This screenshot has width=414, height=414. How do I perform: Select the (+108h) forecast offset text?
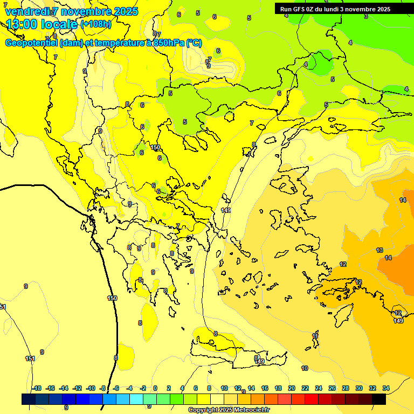point(96,24)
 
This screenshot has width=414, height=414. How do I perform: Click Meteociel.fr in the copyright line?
point(250,410)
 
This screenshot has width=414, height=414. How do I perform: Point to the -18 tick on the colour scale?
point(37,388)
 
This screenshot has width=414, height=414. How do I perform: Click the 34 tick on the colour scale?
point(386,388)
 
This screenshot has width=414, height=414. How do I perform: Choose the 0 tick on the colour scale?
point(155,388)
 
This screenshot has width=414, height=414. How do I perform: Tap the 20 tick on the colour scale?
point(292,388)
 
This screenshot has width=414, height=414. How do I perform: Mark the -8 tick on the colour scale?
point(102,388)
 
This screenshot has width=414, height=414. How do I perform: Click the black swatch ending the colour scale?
point(379,399)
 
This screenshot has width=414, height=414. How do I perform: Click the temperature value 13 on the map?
point(379,250)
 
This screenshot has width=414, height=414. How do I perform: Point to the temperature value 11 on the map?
point(315,336)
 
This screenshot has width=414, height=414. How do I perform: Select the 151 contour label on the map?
point(30,358)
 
